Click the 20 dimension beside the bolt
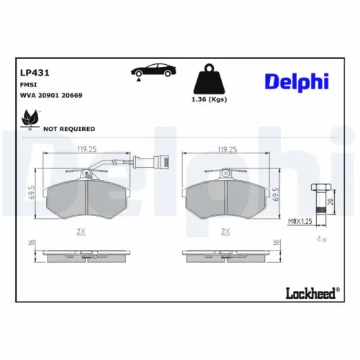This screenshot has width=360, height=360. coord(330,202)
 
